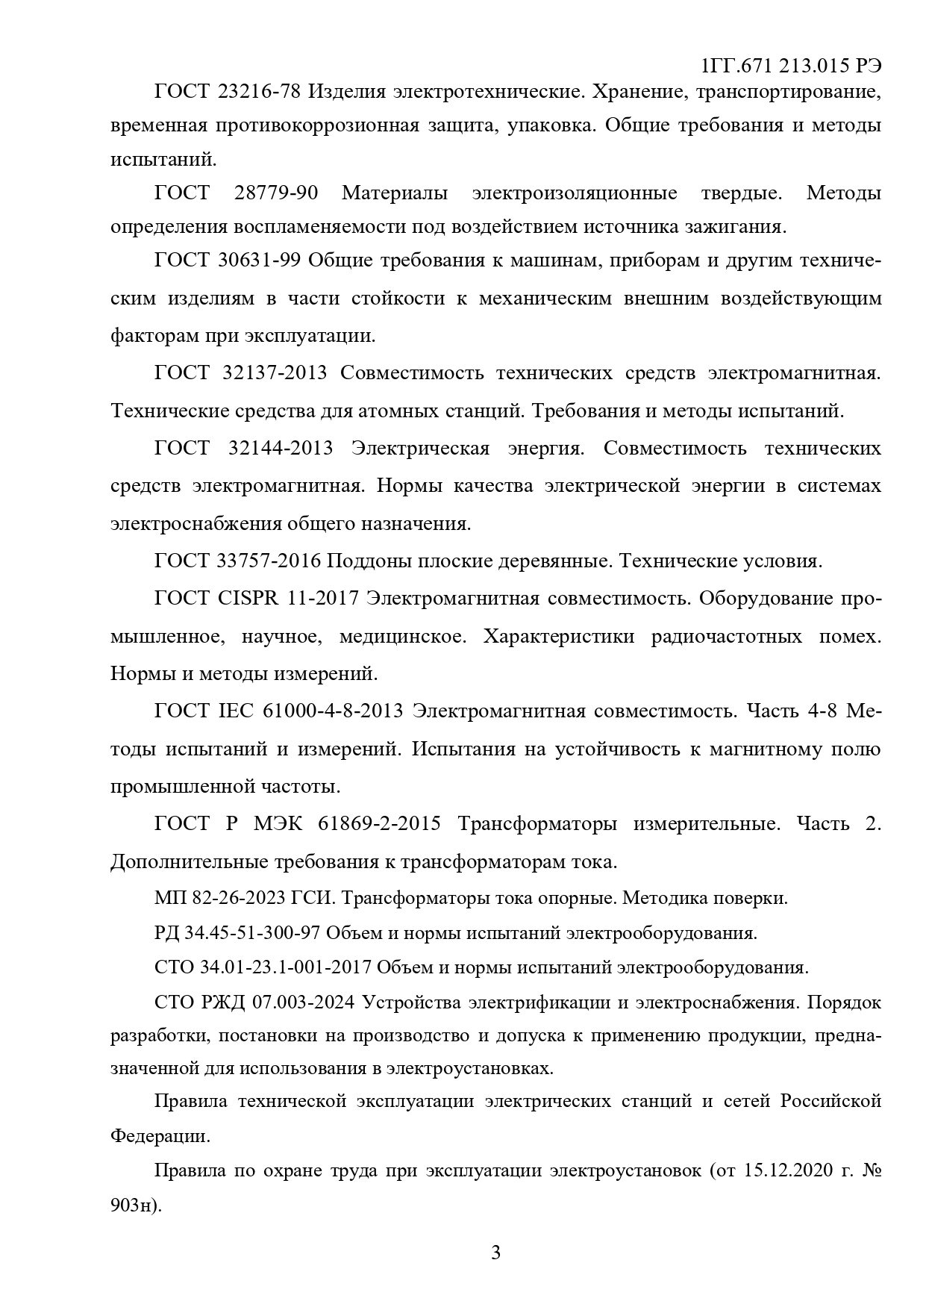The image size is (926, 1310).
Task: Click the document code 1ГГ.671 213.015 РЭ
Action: pos(792,66)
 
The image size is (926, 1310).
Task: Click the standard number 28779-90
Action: pos(276,193)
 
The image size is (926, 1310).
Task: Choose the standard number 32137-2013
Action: pos(275,373)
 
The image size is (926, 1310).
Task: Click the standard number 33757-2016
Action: pos(269,561)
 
